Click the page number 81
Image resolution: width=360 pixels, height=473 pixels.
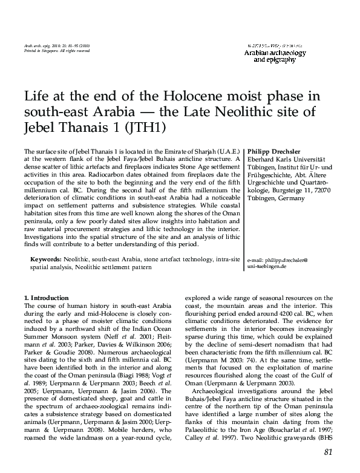pyautogui.click(x=329, y=451)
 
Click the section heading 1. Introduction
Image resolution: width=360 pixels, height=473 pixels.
pyautogui.click(x=46, y=298)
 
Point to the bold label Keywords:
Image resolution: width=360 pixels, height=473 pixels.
pyautogui.click(x=47, y=258)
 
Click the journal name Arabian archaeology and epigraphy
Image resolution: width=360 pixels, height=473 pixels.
pyautogui.click(x=275, y=56)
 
